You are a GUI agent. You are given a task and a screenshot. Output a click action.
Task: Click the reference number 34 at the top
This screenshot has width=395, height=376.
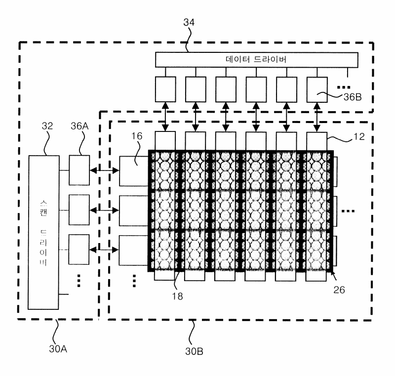click(189, 22)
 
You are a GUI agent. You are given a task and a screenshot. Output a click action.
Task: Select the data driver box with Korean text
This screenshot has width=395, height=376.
click(256, 60)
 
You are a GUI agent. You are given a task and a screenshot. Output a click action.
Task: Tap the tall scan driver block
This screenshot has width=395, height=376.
click(43, 232)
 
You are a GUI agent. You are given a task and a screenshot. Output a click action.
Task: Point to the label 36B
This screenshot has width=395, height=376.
click(353, 97)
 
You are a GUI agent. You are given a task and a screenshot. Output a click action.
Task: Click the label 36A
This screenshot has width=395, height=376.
click(79, 126)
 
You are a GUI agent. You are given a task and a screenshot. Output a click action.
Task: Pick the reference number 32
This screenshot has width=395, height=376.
click(47, 126)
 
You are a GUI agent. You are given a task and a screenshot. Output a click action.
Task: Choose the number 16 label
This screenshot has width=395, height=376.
click(137, 136)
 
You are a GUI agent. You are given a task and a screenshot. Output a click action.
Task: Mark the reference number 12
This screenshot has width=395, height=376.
click(359, 136)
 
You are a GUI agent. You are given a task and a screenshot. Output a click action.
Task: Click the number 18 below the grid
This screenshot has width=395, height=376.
click(177, 296)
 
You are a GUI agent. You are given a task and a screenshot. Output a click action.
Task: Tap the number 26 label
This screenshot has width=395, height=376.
click(339, 290)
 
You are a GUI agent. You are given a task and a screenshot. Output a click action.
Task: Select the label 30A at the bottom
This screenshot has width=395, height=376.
click(58, 349)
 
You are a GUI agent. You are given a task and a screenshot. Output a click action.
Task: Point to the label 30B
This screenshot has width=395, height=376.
click(194, 351)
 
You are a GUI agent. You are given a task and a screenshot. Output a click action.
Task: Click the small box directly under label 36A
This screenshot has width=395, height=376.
click(79, 170)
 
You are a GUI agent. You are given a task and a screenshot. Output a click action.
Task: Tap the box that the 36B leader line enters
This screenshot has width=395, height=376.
click(317, 89)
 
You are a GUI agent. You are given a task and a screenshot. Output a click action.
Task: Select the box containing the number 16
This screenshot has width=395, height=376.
click(133, 171)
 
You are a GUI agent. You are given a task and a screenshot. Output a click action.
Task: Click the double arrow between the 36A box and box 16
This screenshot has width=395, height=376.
click(104, 170)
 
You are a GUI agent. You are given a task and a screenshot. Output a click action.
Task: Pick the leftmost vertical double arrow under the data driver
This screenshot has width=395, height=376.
click(165, 117)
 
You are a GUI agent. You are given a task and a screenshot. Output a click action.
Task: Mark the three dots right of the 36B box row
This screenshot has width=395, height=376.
click(344, 87)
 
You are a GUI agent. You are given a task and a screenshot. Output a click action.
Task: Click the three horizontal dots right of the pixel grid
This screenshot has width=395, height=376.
click(348, 211)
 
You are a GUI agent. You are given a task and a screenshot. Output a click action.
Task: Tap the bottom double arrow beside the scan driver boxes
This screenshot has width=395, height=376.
click(104, 250)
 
